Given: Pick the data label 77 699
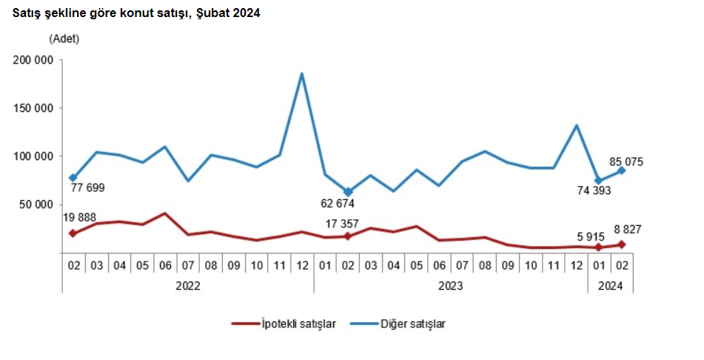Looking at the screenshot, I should point(87,188).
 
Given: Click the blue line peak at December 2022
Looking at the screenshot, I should point(302,73).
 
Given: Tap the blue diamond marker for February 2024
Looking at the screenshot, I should point(621,170).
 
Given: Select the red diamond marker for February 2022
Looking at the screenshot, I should point(73,233).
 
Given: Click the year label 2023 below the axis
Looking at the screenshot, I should point(450,284).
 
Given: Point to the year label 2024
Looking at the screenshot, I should point(610,284).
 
